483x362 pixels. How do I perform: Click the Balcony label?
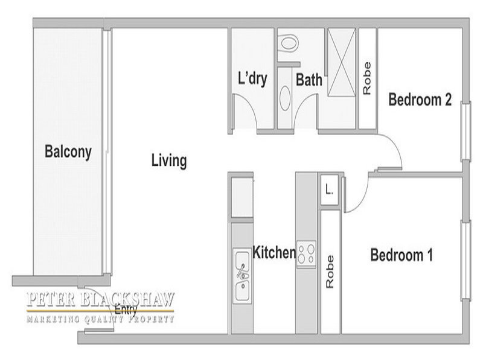click(x=68, y=152)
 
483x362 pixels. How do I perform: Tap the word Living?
click(x=169, y=160)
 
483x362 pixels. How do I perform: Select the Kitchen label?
click(x=274, y=252)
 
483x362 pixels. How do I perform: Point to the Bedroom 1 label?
click(x=401, y=255)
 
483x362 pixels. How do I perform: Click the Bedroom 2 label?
click(x=420, y=100)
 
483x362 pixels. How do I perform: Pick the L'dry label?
click(x=252, y=78)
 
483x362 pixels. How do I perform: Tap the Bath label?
click(x=309, y=80)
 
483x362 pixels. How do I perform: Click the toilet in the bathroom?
click(x=289, y=42)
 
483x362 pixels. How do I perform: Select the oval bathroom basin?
click(x=285, y=98)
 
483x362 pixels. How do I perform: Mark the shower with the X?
click(x=341, y=63)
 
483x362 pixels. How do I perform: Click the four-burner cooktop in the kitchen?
click(x=306, y=253)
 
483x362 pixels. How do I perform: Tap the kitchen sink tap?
click(x=242, y=271)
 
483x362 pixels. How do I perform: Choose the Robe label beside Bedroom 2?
click(x=367, y=78)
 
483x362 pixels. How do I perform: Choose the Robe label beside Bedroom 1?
click(x=330, y=272)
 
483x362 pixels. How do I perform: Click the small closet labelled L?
click(x=330, y=189)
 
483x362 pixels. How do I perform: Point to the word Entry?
click(x=126, y=310)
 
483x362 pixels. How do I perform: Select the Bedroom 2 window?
click(x=465, y=132)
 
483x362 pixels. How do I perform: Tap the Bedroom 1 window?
click(x=465, y=260)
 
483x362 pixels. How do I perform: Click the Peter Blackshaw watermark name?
click(x=101, y=299)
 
